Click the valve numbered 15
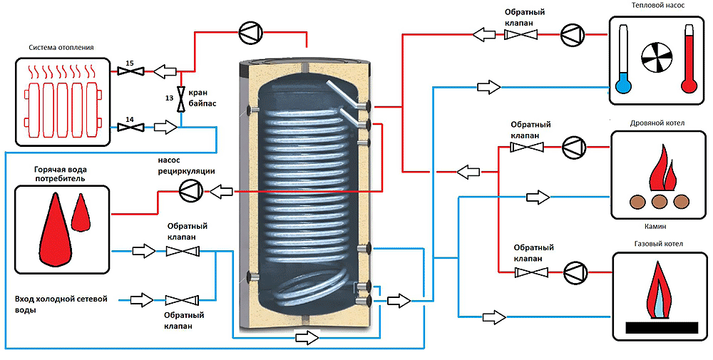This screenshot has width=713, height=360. point(130,71)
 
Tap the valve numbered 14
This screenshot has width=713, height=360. point(130,128)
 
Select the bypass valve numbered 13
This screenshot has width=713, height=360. point(181,99)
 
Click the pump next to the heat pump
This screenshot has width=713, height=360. point(572,34)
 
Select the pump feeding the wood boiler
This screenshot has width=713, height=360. point(574,147)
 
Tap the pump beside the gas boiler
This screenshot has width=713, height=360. point(575,272)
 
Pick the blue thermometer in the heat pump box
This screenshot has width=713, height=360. point(624,59)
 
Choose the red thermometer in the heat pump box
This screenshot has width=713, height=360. point(689,59)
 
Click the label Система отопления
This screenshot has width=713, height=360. point(61,47)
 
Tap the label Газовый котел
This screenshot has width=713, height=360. point(658,244)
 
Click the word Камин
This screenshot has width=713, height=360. point(656,226)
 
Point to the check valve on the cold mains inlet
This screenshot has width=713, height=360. point(181,300)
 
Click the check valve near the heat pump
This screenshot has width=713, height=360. point(520,34)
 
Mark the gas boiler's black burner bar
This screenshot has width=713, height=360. point(662,328)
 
